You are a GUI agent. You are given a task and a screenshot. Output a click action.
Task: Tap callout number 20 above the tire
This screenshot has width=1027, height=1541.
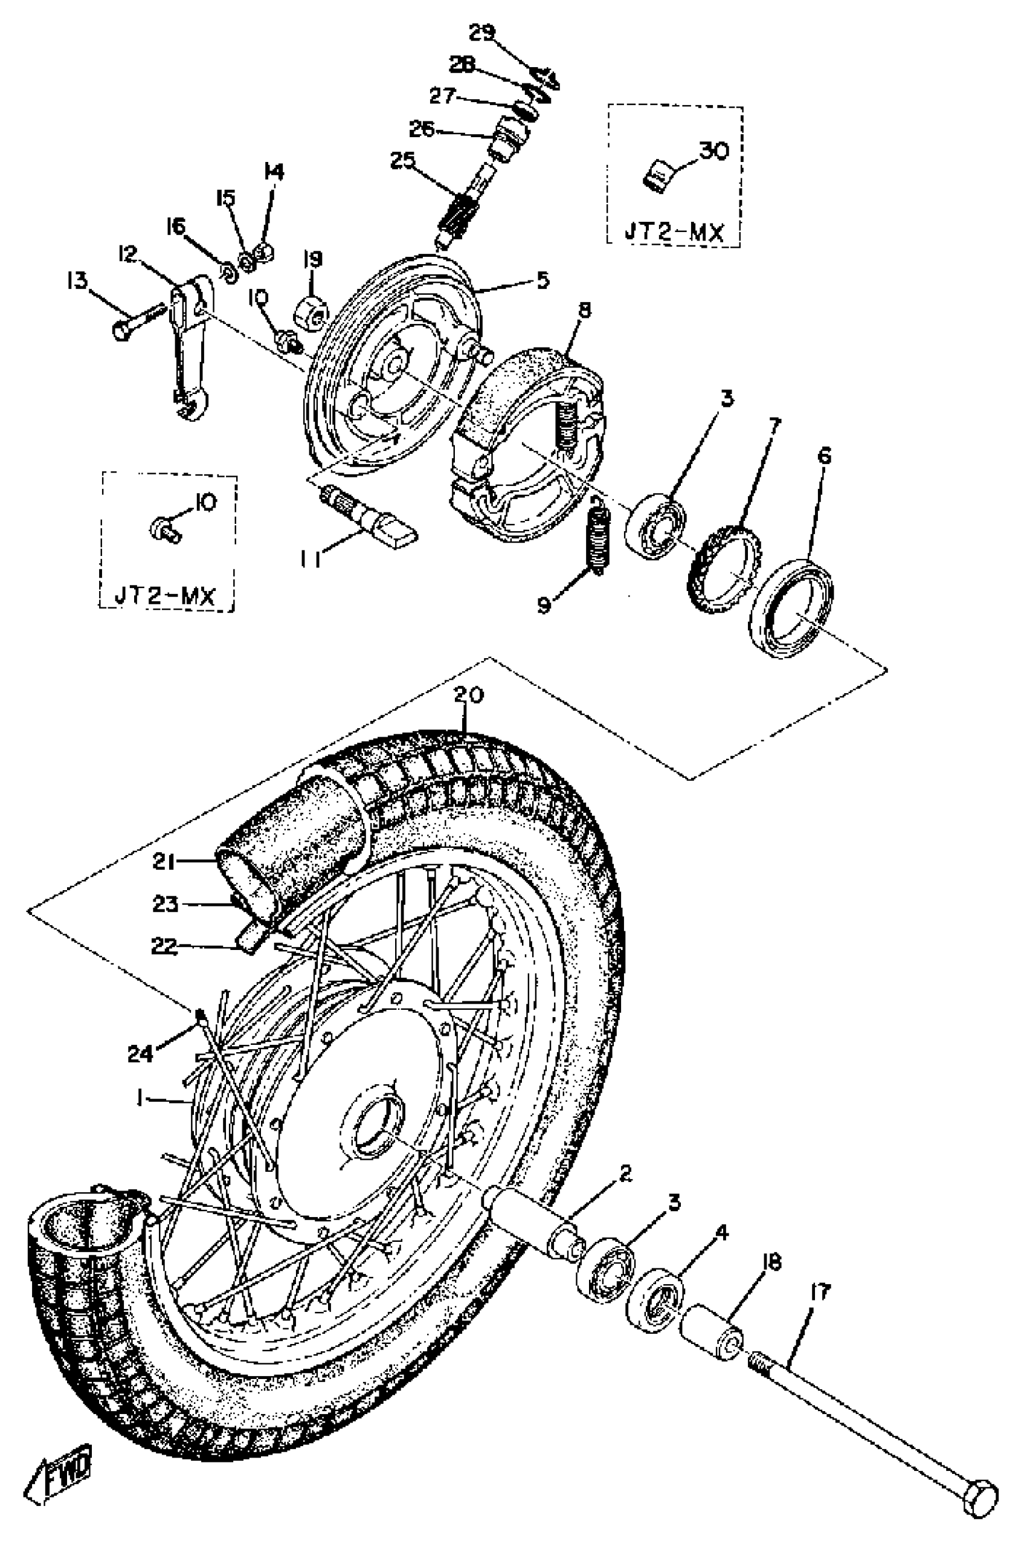point(469,695)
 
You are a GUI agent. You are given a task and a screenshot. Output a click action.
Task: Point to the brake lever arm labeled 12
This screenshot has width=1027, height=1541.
point(190,347)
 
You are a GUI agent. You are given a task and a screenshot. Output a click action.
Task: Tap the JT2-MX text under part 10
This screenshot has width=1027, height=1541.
point(166,596)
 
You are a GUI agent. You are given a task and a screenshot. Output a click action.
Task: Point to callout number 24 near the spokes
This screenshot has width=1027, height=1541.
point(141,1053)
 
